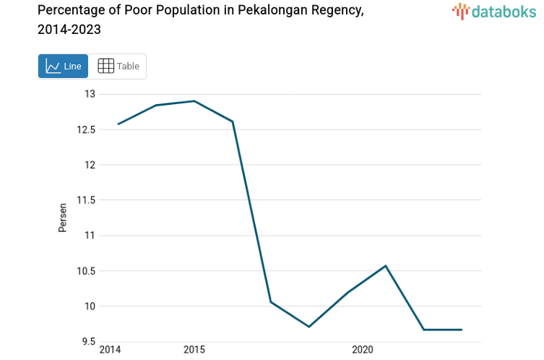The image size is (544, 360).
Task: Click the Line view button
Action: point(63,67)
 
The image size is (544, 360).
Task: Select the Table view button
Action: point(118,67)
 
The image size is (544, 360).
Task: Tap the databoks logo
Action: point(494,11)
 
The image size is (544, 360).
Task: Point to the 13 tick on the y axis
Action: point(90,94)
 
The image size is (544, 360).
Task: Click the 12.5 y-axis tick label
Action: point(86,129)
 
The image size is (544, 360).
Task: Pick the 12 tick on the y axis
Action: point(90,165)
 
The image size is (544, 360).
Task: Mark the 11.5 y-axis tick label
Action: point(86,200)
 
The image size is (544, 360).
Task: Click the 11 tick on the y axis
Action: point(90,236)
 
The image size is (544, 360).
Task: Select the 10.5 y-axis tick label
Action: point(86,271)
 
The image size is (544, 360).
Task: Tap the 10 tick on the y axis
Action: point(90,307)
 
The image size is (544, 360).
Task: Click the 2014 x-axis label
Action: point(110,351)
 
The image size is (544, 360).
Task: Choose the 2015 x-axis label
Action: point(194,351)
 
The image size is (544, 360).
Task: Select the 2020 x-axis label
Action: point(362,351)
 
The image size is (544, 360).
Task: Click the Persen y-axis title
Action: point(63,217)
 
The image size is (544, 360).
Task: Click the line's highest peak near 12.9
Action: point(194,101)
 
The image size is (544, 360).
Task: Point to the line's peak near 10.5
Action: point(386,266)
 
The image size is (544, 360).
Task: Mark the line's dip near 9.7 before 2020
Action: point(308,327)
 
